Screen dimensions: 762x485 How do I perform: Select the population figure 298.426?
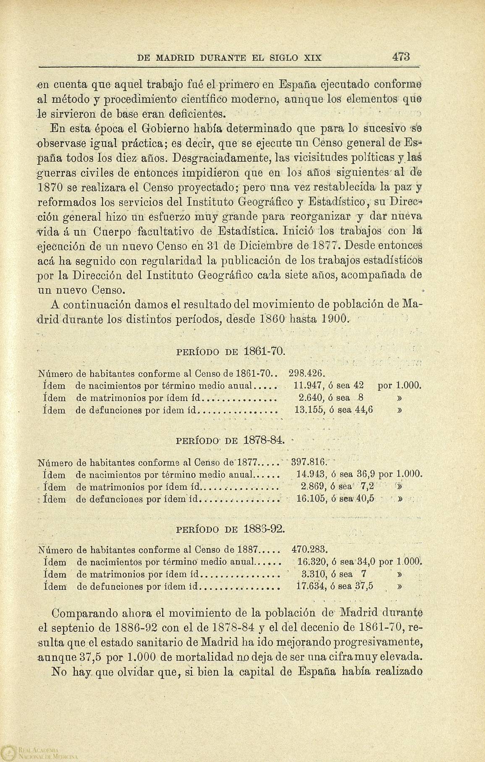[x=307, y=373]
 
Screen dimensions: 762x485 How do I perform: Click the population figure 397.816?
[x=309, y=462]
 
